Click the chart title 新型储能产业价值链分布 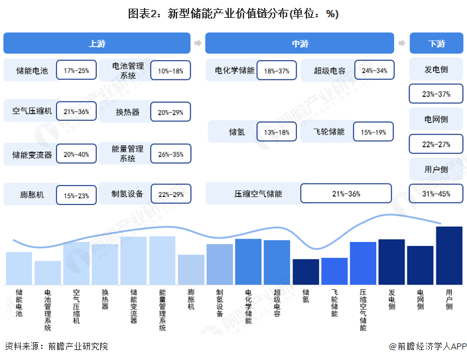tap(233, 13)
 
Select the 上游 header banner tap(96, 43)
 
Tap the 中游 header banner tap(299, 43)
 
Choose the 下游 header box tap(436, 43)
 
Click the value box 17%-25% tap(76, 70)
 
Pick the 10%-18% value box tap(170, 70)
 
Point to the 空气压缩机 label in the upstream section tap(28, 111)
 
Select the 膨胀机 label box tap(28, 196)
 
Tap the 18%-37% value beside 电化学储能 tap(277, 70)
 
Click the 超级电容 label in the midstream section tap(330, 70)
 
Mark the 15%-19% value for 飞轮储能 tap(373, 132)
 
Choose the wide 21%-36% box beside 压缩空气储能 tap(346, 194)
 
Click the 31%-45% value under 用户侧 tap(436, 194)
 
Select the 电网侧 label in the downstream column tap(436, 119)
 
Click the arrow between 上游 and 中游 tap(198, 43)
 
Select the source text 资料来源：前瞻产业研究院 tap(56, 346)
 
